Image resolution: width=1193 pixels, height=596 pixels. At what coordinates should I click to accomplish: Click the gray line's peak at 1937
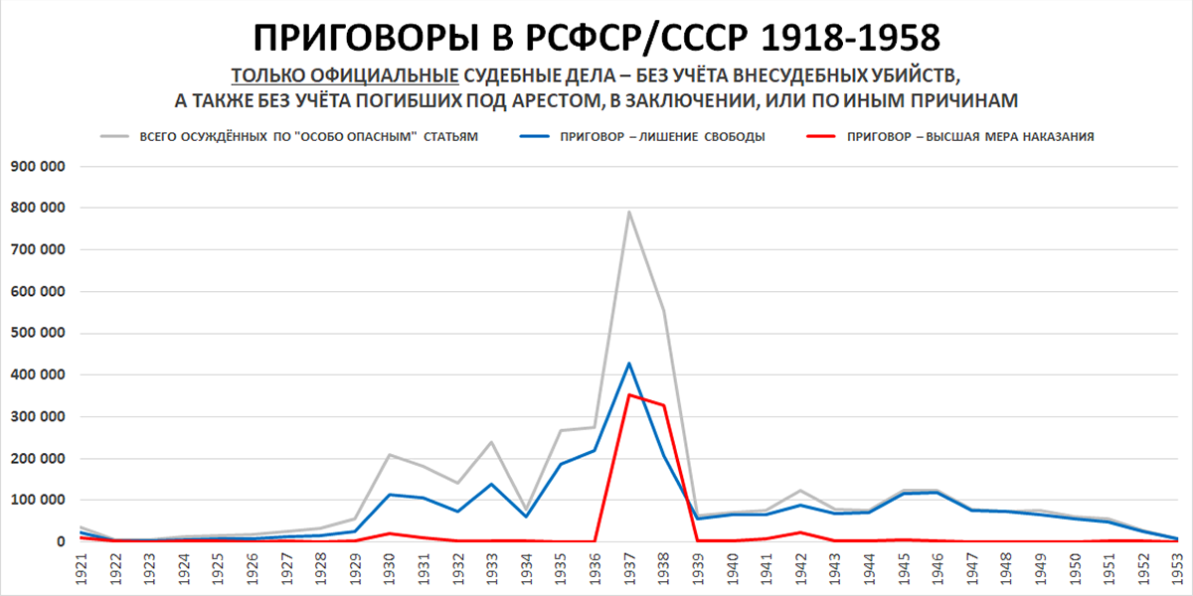coord(628,212)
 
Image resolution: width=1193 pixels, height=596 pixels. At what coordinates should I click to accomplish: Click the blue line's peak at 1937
coord(628,364)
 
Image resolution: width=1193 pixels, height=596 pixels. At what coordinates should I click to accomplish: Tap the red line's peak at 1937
coord(628,394)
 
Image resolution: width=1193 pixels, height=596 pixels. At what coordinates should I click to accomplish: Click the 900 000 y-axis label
coord(36,166)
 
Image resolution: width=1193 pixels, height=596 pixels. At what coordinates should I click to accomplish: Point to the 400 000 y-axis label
coord(36,375)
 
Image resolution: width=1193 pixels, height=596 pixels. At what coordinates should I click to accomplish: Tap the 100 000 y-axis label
coord(36,501)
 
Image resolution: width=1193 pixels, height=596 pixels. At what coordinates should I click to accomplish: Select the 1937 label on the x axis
coord(628,572)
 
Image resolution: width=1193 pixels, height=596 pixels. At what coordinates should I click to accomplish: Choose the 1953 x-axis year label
coord(1177,572)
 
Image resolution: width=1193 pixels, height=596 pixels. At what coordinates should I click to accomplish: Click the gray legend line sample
coord(117,137)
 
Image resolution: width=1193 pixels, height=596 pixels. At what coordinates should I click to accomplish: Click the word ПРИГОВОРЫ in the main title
coord(369,37)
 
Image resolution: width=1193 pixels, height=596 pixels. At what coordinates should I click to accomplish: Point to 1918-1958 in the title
coord(851,37)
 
